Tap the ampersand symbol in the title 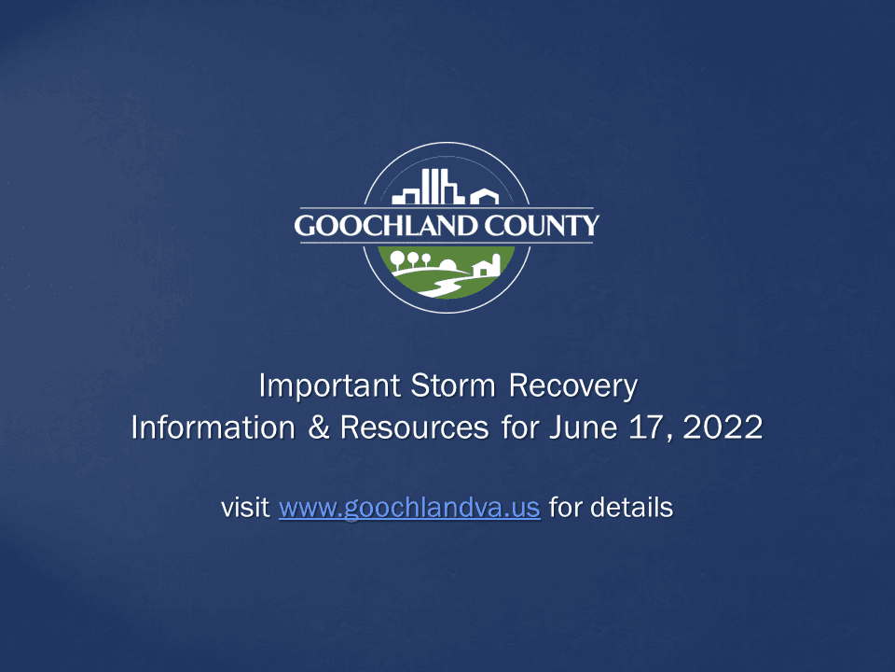[308, 427]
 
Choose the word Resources [414, 427]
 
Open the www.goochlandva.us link [409, 509]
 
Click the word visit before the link [246, 509]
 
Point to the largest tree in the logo [398, 259]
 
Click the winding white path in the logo [438, 283]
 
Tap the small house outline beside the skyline [484, 196]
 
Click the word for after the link [566, 509]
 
